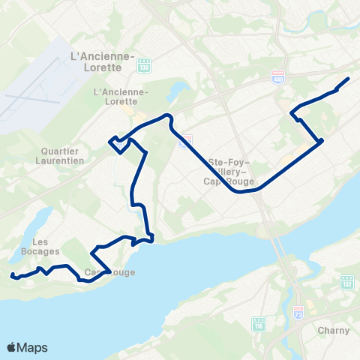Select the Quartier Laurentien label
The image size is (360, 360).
click(x=64, y=154)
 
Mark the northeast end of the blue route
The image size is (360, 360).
click(x=349, y=79)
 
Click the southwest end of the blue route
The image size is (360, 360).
click(x=12, y=276)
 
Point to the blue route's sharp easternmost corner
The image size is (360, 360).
click(x=322, y=140)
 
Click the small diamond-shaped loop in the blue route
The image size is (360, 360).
click(x=118, y=145)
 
